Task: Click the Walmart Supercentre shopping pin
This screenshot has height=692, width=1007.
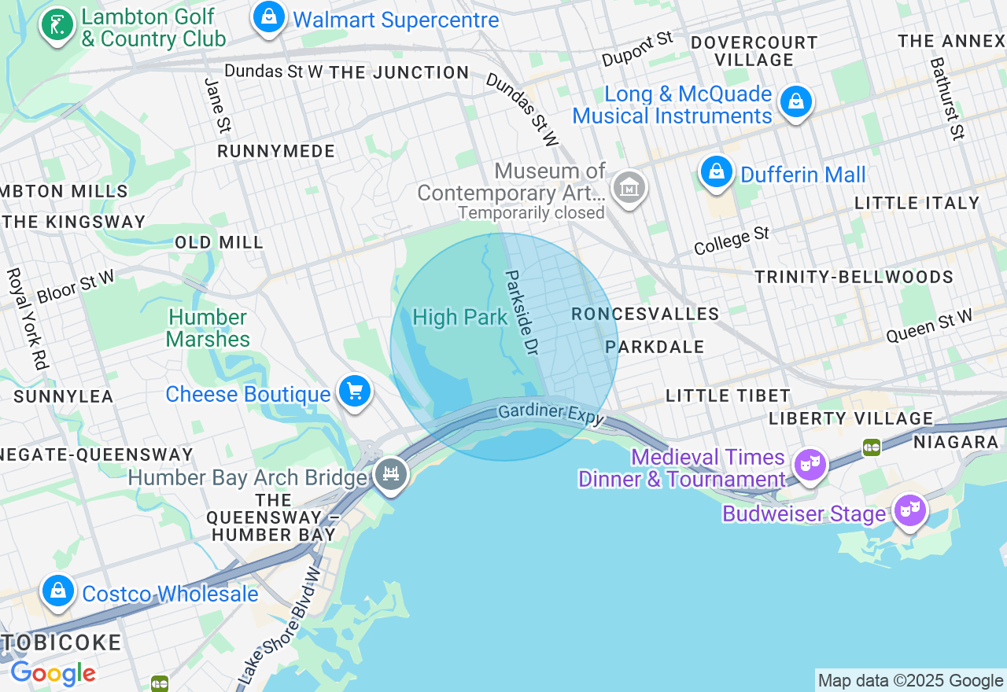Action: (268, 17)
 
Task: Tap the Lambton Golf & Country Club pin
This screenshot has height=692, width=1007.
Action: (57, 25)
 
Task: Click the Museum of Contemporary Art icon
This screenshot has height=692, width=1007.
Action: (629, 189)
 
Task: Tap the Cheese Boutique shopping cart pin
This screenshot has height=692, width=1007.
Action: (355, 390)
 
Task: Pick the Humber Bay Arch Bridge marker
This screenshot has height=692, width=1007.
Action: (390, 474)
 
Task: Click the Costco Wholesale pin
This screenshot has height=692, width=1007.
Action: (57, 591)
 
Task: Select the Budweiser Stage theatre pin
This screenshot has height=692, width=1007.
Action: (909, 510)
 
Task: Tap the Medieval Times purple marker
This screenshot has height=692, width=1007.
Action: (810, 466)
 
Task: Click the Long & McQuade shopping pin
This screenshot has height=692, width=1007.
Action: (796, 102)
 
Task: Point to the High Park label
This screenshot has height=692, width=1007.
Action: (460, 318)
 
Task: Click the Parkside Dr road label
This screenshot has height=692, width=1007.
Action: (521, 313)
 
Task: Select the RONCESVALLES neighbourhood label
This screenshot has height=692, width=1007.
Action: (645, 315)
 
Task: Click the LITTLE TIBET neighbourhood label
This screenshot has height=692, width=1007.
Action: (728, 396)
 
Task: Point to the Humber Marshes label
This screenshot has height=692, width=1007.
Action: (208, 329)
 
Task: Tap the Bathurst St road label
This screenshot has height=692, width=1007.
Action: (947, 98)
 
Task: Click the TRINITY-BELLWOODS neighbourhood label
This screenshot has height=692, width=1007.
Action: (854, 277)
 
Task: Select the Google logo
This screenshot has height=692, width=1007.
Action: (53, 674)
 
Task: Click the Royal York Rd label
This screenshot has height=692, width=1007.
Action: (27, 318)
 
